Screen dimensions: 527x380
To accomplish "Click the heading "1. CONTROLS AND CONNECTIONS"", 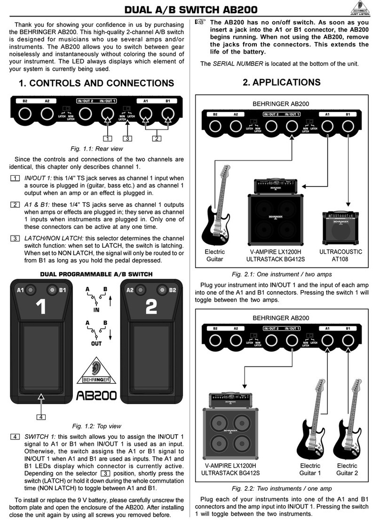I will (95, 83).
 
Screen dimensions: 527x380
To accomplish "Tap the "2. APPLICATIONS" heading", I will (282, 82).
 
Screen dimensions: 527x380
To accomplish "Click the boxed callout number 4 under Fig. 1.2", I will (42, 416).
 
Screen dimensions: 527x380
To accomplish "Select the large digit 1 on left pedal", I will (41, 307).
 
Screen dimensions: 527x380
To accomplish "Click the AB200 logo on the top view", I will (96, 396).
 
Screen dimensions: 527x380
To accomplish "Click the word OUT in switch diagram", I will (96, 344).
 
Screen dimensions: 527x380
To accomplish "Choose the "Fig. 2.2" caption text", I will (282, 488).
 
